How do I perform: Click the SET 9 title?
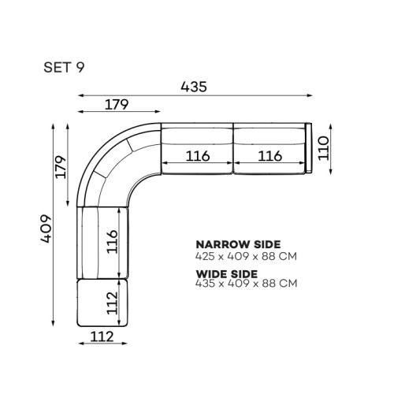64,67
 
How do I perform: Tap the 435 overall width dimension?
194,87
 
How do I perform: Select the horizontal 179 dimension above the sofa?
117,104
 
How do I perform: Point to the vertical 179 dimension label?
61,167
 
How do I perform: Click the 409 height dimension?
46,229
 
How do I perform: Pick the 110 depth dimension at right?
323,148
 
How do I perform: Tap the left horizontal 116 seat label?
198,156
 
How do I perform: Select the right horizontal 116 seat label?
270,156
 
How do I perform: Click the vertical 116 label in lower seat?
112,242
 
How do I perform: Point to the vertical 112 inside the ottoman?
112,303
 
